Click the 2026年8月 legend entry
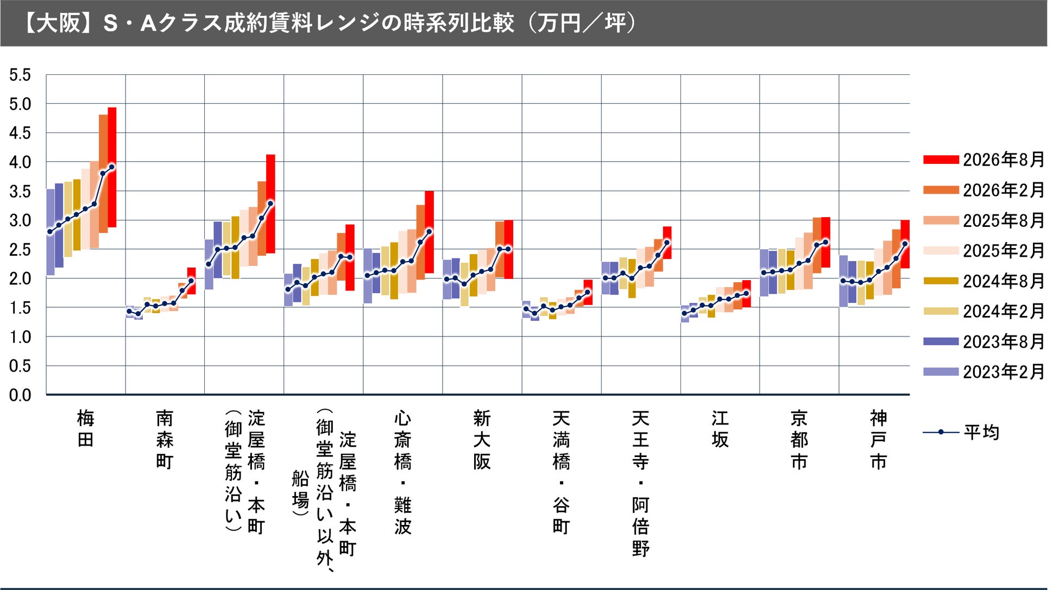click(x=984, y=160)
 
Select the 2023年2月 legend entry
click(x=984, y=372)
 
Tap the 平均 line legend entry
click(x=961, y=432)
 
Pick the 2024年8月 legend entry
click(x=984, y=281)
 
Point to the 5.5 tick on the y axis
click(x=20, y=75)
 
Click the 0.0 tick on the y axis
click(x=20, y=395)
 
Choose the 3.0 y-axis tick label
click(x=20, y=220)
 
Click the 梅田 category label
click(x=86, y=429)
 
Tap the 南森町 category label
click(x=165, y=440)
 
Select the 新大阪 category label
click(x=482, y=440)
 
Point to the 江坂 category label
click(x=720, y=429)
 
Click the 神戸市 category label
click(x=879, y=440)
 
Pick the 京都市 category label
click(x=799, y=440)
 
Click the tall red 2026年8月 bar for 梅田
click(x=112, y=167)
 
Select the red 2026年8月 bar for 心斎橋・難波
click(x=429, y=232)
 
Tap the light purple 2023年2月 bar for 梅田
click(x=51, y=232)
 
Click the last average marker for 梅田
click(x=112, y=167)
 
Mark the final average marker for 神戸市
click(x=905, y=244)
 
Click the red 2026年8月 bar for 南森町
click(x=191, y=281)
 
